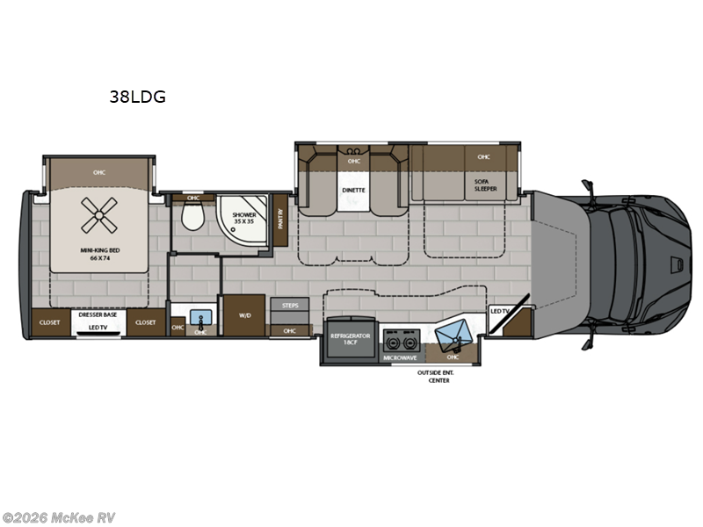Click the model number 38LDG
[136, 97]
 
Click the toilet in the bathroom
[190, 215]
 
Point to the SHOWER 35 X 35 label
[243, 217]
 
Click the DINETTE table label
[353, 190]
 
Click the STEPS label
[289, 305]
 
